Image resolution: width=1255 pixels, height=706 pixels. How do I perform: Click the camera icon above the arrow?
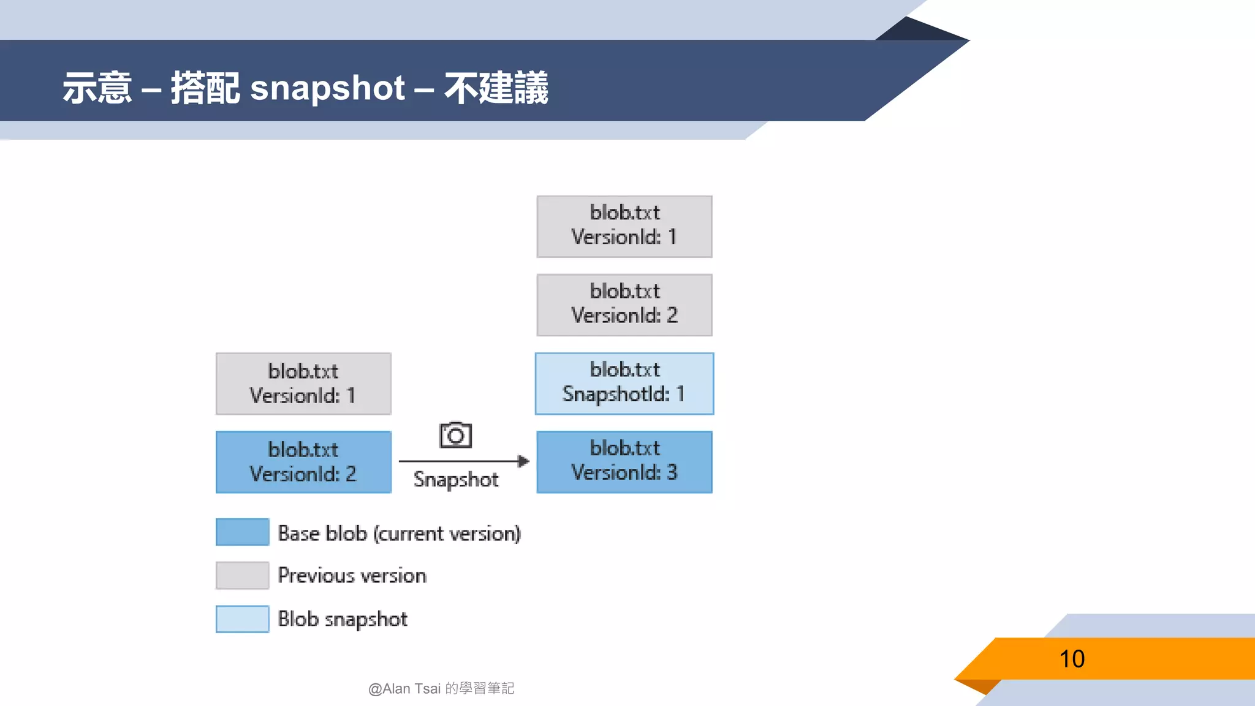pos(455,435)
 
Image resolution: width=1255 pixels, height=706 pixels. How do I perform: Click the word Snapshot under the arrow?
pos(455,479)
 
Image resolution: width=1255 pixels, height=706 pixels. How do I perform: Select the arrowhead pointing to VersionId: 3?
pos(523,461)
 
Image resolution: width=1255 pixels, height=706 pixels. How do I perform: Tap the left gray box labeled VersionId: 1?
pos(303,384)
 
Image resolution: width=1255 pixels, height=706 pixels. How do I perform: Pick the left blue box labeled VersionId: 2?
pos(303,462)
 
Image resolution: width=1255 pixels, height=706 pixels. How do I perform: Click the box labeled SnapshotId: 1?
pos(624,384)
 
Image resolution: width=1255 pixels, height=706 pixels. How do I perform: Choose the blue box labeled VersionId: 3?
pos(624,462)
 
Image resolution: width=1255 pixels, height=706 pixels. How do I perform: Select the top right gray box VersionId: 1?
pos(624,227)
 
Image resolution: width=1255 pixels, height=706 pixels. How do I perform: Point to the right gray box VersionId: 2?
pos(624,305)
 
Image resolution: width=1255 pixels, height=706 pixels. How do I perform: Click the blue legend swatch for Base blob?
pos(242,532)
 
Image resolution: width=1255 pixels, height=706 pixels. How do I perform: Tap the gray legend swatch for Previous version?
pos(242,575)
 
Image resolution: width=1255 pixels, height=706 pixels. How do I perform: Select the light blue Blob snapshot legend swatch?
pos(242,619)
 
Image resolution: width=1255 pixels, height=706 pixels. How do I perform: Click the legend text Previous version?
pos(352,575)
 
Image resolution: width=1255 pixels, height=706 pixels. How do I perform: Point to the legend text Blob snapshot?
pos(342,619)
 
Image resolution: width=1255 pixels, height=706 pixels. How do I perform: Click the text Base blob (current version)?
pos(399,533)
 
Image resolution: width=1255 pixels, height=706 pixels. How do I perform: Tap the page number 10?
pos(1072,659)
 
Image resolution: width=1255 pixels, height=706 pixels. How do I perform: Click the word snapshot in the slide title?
pos(327,88)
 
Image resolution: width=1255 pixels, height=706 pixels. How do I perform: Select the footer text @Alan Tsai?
pos(404,689)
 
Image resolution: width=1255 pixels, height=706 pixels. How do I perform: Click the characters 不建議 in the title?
pos(496,88)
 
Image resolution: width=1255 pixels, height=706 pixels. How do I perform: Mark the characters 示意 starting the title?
pos(97,88)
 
